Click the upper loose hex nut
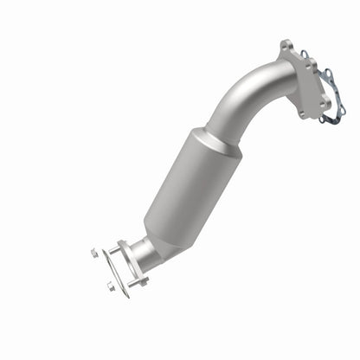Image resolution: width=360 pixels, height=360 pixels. [93, 253]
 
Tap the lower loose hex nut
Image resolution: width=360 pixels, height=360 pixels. [111, 287]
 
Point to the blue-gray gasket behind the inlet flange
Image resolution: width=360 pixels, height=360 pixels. [327, 95]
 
